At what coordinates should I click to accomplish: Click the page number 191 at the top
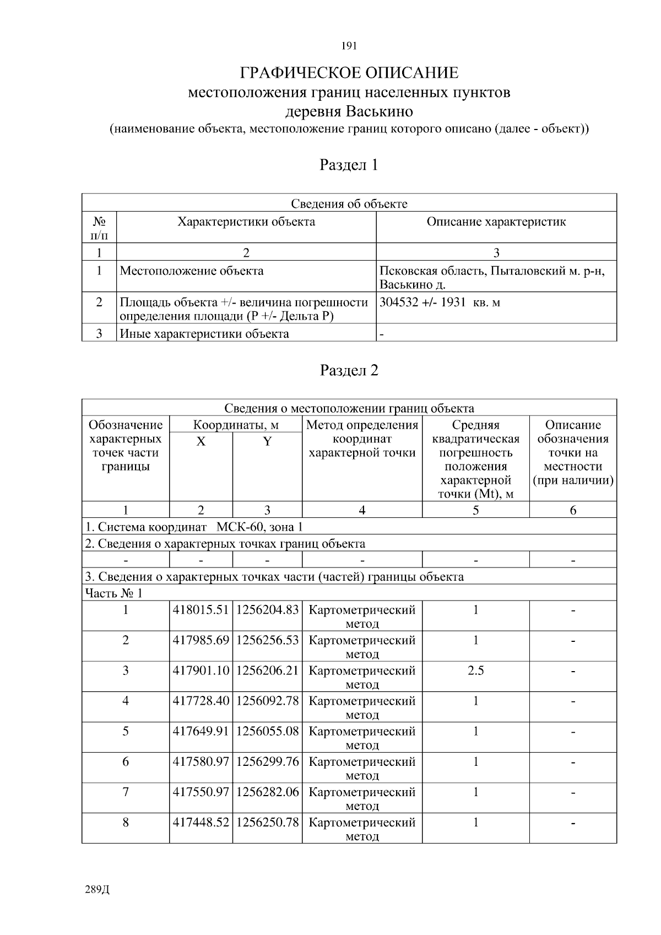pos(349,46)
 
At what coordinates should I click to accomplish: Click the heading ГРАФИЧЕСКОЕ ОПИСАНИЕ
pos(349,73)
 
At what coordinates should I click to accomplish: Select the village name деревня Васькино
pos(349,112)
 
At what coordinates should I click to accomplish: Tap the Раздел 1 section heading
pos(349,165)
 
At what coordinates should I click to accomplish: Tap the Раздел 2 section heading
pos(349,370)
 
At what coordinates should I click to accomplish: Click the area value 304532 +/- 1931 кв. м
pos(440,302)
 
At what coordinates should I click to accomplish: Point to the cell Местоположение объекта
pos(192,271)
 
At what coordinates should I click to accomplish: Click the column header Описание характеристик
pos(496,222)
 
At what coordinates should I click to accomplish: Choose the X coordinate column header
pos(201,442)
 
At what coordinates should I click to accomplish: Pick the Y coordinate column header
pos(267,442)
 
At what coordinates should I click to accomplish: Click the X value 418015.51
pos(201,610)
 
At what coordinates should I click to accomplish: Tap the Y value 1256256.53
pos(267,640)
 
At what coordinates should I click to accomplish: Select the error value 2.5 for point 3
pos(475,671)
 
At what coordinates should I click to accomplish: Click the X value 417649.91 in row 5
pos(201,731)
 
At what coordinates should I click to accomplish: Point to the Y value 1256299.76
pos(267,761)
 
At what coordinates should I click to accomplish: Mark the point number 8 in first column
pos(126,823)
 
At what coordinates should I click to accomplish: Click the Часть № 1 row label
pos(113,593)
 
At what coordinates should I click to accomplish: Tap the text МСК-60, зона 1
pos(259,527)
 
